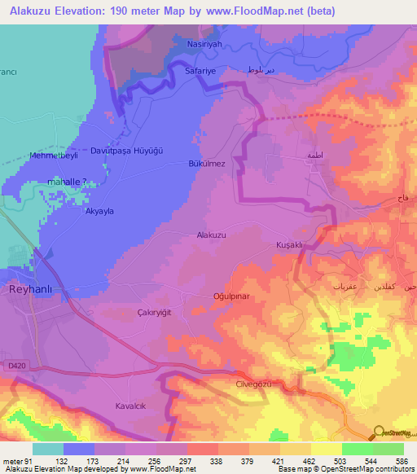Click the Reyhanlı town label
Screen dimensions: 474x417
29,288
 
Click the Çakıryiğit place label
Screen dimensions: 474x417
155,311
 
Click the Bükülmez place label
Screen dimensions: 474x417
207,164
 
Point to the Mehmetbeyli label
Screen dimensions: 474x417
52,154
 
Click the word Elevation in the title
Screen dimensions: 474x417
93,12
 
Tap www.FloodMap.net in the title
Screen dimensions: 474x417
254,12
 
